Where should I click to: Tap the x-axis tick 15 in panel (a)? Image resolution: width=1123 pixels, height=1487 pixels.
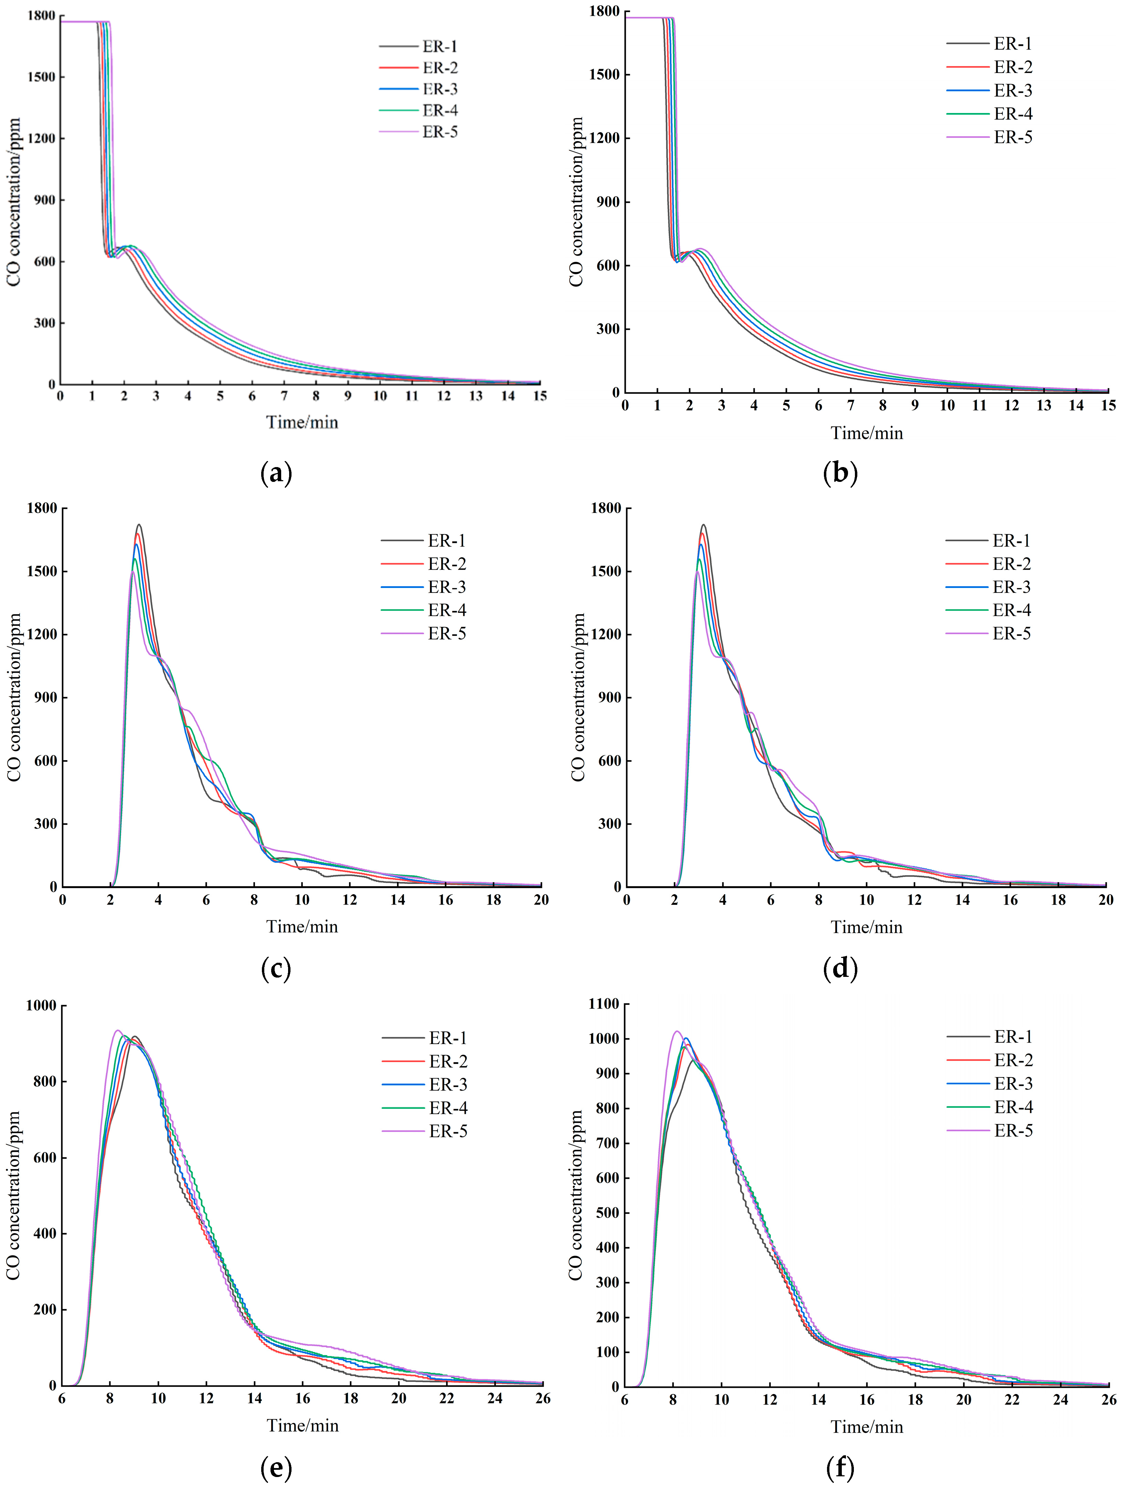[x=540, y=396]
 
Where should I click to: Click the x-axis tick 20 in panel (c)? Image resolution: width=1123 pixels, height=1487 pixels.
[x=541, y=899]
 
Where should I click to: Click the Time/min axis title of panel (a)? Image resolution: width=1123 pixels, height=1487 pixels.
[x=302, y=422]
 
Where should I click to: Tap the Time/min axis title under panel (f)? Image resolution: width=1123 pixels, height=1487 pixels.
[x=867, y=1426]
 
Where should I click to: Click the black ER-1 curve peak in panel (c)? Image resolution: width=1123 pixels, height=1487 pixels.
[x=139, y=524]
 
